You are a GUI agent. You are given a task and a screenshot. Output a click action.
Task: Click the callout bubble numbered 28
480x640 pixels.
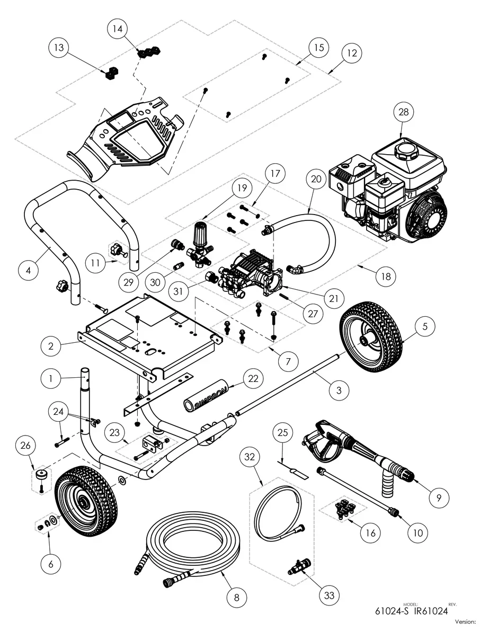pyautogui.click(x=404, y=112)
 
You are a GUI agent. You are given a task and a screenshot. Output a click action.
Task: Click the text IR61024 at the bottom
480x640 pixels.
pyautogui.click(x=431, y=610)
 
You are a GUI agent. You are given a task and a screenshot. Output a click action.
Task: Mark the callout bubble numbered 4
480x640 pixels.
pyautogui.click(x=29, y=270)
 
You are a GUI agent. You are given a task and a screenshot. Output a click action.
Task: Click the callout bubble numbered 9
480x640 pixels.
pyautogui.click(x=439, y=497)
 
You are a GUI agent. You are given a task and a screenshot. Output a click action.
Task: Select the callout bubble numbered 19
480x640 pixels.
pyautogui.click(x=242, y=188)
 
